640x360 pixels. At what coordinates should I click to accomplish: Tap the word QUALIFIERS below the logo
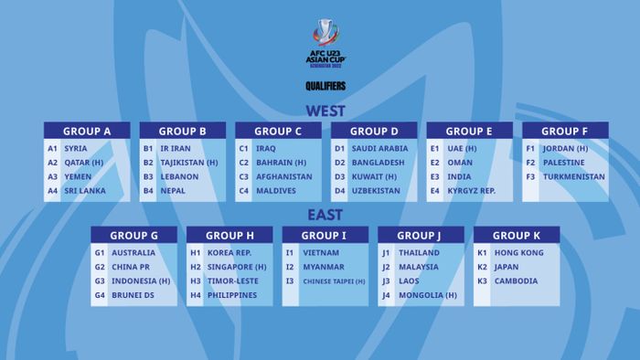point(325,87)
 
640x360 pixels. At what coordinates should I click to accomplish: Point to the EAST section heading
point(325,216)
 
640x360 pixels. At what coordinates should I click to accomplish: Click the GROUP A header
point(88,132)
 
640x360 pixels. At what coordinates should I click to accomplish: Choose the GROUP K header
point(517,236)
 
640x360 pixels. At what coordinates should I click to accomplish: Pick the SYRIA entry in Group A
point(76,148)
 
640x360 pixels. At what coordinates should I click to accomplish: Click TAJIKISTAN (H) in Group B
point(188,163)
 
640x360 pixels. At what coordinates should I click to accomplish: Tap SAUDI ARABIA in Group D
point(379,148)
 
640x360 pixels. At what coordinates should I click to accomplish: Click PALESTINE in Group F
point(565,163)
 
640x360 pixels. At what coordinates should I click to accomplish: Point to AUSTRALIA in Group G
point(133,252)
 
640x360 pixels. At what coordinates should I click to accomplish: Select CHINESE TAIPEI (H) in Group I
point(334,281)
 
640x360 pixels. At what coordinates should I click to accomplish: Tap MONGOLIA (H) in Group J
point(427,295)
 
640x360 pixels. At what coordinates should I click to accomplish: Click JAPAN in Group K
point(507,267)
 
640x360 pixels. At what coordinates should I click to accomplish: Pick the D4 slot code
point(339,191)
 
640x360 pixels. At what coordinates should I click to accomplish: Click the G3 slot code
point(100,281)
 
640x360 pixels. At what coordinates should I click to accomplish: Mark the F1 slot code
point(530,148)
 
